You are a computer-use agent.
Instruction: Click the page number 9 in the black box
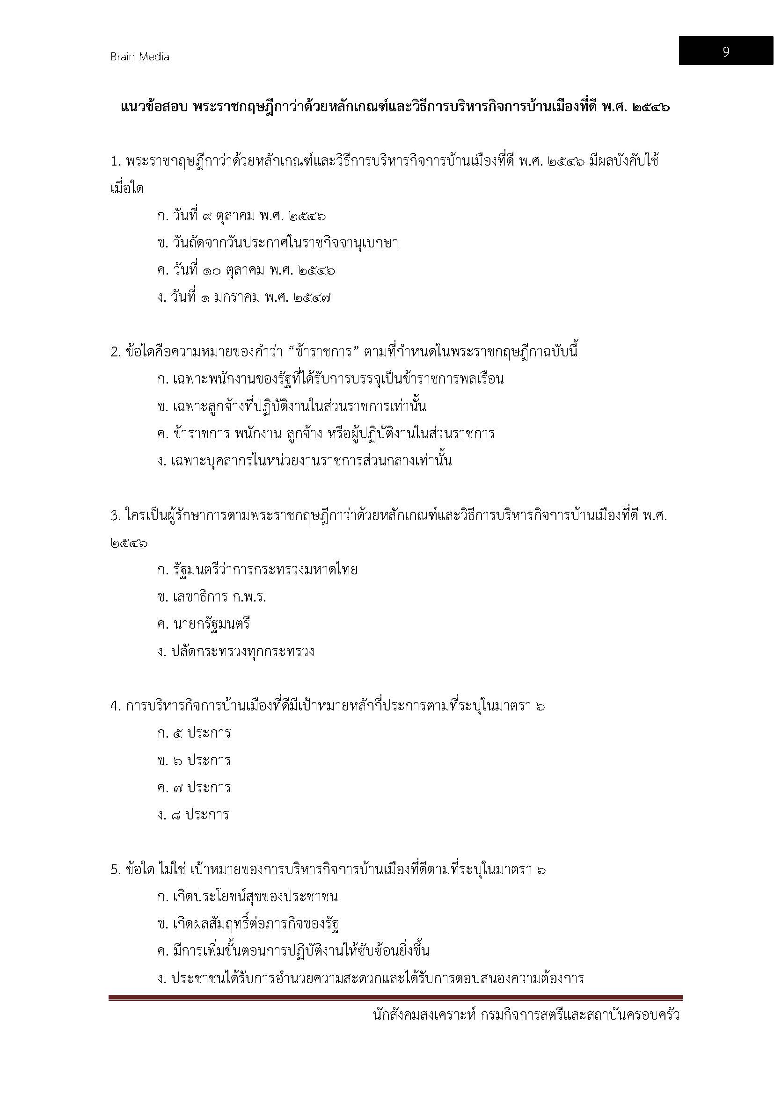tap(725, 51)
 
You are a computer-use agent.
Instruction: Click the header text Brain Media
tap(139, 57)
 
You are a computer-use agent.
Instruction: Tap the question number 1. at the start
tap(116, 162)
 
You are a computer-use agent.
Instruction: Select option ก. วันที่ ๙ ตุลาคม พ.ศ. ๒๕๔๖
tap(241, 217)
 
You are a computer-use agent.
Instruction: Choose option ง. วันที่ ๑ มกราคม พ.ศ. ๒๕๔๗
tap(244, 298)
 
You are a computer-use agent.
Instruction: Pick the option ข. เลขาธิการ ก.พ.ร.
tap(212, 597)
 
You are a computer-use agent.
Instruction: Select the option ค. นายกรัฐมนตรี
tap(204, 624)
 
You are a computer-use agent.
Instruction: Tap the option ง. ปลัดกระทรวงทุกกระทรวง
tap(235, 652)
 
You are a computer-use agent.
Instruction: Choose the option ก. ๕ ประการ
tap(194, 733)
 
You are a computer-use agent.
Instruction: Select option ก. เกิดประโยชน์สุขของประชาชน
tap(248, 897)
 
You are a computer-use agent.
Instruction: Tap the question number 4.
tap(116, 706)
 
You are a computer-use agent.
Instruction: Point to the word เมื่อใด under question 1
tap(127, 189)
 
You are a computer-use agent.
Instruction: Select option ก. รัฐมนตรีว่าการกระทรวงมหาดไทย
tap(257, 570)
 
